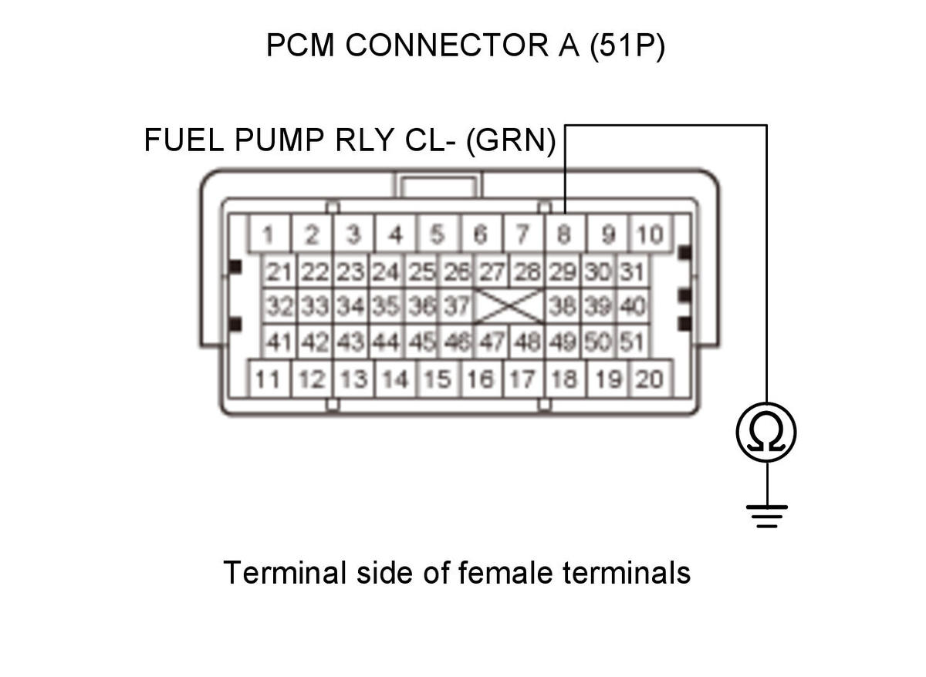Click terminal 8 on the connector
pyautogui.click(x=565, y=234)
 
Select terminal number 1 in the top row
pyautogui.click(x=269, y=234)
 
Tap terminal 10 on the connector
pyautogui.click(x=650, y=234)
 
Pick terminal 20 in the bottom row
pyautogui.click(x=650, y=379)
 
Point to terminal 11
pyautogui.click(x=269, y=379)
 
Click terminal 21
pyautogui.click(x=279, y=271)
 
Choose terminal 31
pyautogui.click(x=633, y=271)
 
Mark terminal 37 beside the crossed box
pyautogui.click(x=457, y=305)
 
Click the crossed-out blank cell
pyautogui.click(x=509, y=305)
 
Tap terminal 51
pyautogui.click(x=633, y=341)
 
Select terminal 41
pyautogui.click(x=279, y=341)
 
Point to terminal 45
pyautogui.click(x=421, y=341)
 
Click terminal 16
pyautogui.click(x=482, y=379)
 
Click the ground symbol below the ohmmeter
pyautogui.click(x=767, y=517)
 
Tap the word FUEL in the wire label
pyautogui.click(x=184, y=140)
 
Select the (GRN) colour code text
pyautogui.click(x=511, y=141)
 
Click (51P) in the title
pyautogui.click(x=627, y=45)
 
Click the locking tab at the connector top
pyautogui.click(x=438, y=185)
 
